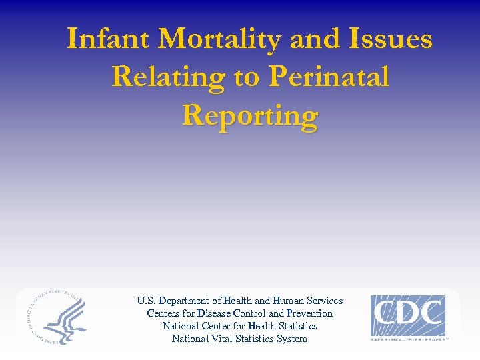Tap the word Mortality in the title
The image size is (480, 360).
coord(220,39)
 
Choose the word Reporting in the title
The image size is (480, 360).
coord(250,115)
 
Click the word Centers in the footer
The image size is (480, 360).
coord(163,313)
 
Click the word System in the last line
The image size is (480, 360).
coord(293,339)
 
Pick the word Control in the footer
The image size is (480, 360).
coord(251,313)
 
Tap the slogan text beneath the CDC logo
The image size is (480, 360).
coord(409,339)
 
